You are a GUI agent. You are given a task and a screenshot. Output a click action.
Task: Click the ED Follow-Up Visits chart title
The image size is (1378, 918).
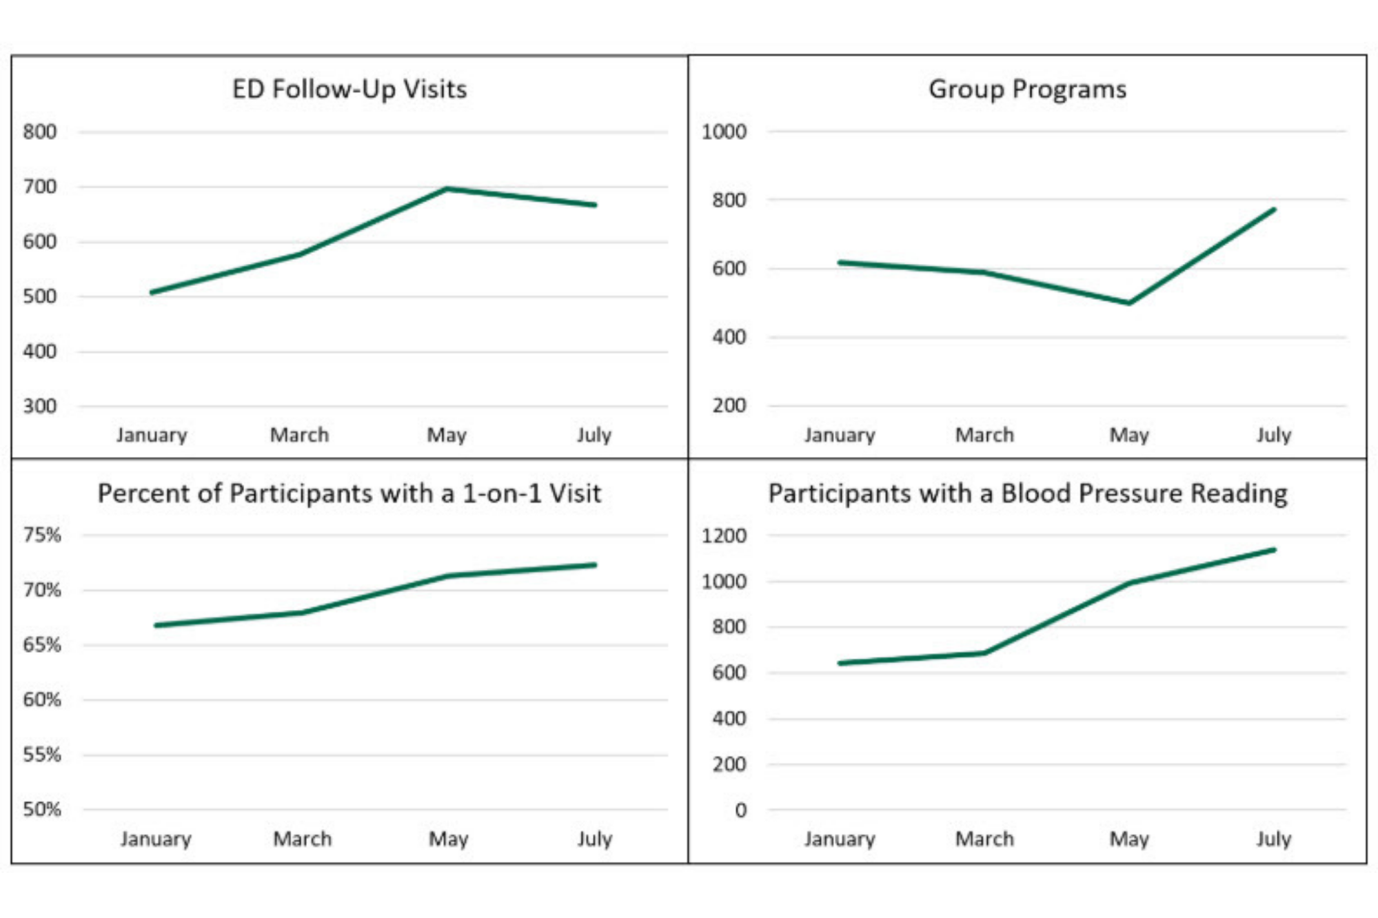(x=349, y=90)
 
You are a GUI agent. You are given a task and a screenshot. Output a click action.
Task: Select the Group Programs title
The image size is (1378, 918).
(x=1027, y=90)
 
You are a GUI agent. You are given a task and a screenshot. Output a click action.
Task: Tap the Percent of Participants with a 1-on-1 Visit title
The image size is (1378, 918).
(x=349, y=493)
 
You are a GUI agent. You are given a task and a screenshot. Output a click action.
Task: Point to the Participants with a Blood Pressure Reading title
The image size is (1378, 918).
(x=1028, y=493)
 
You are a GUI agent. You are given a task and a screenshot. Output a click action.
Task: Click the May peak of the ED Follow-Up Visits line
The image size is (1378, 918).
(x=447, y=189)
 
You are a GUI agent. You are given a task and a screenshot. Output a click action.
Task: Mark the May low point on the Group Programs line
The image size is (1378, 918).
(x=1128, y=303)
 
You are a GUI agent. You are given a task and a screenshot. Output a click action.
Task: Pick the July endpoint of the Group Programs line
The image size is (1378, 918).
(x=1273, y=210)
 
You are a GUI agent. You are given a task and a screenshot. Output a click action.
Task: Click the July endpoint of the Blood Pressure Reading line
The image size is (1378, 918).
(x=1273, y=550)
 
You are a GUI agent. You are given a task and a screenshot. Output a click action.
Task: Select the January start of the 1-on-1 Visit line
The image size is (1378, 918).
(x=157, y=625)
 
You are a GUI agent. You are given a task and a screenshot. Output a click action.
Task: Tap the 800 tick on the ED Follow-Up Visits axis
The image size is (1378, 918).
(x=39, y=132)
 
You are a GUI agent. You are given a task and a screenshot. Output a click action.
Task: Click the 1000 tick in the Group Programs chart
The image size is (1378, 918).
(x=724, y=132)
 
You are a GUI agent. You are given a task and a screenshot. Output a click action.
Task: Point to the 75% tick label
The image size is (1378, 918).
(x=42, y=535)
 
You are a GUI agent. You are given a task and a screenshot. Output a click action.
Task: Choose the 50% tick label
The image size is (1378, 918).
(x=42, y=809)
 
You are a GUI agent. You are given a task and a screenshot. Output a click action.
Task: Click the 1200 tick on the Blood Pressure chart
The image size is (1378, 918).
(x=724, y=535)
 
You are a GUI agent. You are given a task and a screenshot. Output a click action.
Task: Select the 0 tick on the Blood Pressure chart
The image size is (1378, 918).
(x=740, y=810)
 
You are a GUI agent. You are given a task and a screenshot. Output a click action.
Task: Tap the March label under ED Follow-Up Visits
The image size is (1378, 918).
(x=299, y=435)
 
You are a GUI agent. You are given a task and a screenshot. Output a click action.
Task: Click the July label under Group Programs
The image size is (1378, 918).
(x=1273, y=436)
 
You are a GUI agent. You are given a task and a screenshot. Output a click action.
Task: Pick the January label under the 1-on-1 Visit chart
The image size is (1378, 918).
(x=156, y=839)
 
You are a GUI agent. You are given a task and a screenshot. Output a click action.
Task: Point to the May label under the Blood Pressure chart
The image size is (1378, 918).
(x=1128, y=839)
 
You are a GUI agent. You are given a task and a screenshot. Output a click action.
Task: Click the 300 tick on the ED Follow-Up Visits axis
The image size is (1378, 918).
(x=39, y=406)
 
